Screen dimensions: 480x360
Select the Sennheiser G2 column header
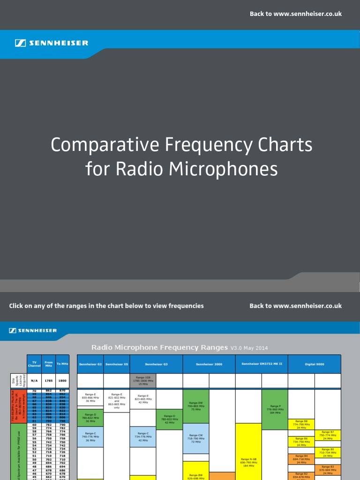click(90, 364)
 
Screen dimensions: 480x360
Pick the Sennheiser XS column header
click(117, 364)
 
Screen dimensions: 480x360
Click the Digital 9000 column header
click(314, 364)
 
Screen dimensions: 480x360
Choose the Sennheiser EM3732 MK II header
click(262, 364)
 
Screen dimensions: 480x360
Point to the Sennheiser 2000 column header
click(209, 364)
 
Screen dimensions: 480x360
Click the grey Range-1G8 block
click(143, 381)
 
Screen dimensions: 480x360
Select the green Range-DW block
click(196, 406)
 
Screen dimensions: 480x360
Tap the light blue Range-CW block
click(196, 439)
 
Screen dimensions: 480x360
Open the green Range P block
click(275, 409)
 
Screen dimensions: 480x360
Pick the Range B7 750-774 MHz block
click(328, 435)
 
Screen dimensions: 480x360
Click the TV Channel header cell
click(34, 364)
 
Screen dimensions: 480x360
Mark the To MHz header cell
click(62, 364)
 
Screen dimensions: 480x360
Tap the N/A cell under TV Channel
click(34, 381)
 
